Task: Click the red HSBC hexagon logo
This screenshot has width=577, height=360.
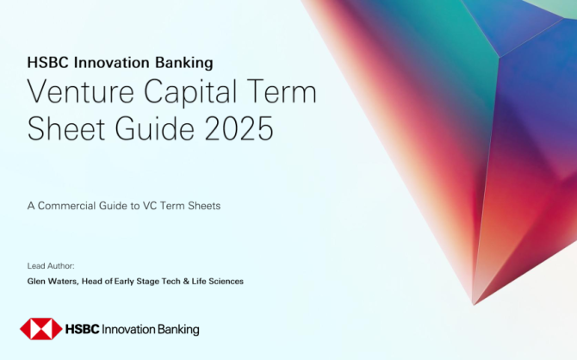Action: (x=40, y=329)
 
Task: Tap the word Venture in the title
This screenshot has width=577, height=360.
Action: (x=81, y=91)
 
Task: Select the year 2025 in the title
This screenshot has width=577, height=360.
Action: (x=239, y=128)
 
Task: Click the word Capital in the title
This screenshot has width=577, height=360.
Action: (x=190, y=92)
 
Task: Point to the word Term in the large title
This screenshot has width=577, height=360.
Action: (x=282, y=91)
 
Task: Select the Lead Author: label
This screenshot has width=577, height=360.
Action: (x=51, y=266)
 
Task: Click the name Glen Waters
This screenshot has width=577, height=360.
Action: (x=53, y=282)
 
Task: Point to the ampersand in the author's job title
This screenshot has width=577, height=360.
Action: (x=186, y=282)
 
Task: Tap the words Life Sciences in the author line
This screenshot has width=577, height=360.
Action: (x=218, y=282)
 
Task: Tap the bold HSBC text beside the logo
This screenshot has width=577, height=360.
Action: (x=82, y=329)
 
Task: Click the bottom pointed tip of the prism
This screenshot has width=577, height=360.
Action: (x=474, y=305)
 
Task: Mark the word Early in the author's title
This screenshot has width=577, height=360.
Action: (x=124, y=282)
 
